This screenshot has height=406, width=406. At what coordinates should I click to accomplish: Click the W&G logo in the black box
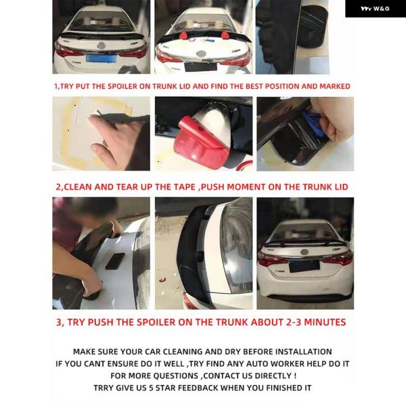click(x=375, y=9)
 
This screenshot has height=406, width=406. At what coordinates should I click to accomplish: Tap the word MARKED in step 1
click(x=335, y=86)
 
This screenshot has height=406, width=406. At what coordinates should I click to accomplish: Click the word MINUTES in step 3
click(x=325, y=322)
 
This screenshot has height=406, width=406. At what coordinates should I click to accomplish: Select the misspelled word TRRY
click(x=104, y=388)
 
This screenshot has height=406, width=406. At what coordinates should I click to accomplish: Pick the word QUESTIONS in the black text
click(x=176, y=376)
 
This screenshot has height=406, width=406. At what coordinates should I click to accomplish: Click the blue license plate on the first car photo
click(x=101, y=58)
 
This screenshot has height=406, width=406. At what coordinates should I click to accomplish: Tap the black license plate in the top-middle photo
click(x=201, y=66)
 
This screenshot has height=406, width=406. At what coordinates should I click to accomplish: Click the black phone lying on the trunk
click(x=115, y=261)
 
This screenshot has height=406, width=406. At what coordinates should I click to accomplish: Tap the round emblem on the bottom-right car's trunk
click(x=304, y=252)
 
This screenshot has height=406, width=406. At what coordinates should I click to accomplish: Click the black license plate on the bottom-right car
click(x=304, y=267)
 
